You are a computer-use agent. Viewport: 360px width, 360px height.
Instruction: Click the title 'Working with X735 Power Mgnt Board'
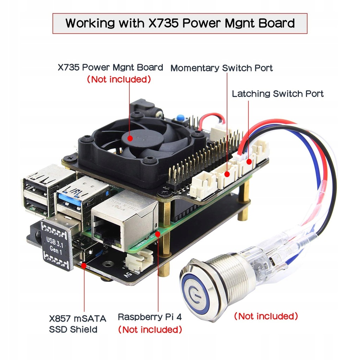[180, 24]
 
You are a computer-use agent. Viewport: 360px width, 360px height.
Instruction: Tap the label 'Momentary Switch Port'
[221, 68]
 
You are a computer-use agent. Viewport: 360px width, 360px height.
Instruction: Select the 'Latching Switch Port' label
[278, 94]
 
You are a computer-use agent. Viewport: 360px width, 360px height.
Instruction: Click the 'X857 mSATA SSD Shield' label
[78, 324]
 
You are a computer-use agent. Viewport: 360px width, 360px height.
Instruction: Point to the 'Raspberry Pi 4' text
[150, 317]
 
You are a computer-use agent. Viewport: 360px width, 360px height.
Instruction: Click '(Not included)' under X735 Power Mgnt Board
[119, 79]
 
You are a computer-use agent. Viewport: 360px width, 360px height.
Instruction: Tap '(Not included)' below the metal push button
[266, 316]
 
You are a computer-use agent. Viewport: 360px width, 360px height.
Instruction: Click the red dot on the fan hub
[130, 139]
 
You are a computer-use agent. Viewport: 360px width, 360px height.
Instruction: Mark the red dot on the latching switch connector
[249, 162]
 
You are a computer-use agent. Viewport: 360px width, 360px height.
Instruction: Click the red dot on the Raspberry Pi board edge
[158, 233]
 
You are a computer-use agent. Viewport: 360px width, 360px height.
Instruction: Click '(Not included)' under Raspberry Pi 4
[150, 330]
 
